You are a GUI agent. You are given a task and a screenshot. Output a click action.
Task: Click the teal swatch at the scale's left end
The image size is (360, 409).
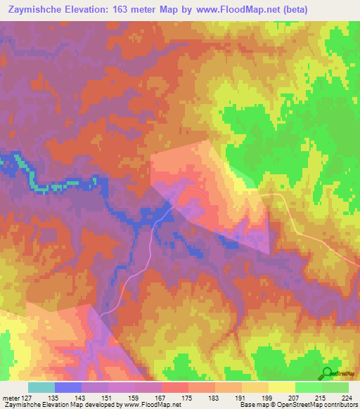pos(41,387)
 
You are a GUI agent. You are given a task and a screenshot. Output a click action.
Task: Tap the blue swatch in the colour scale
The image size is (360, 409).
pos(68,387)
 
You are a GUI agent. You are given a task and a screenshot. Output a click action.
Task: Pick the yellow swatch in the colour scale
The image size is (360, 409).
pos(282,387)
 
